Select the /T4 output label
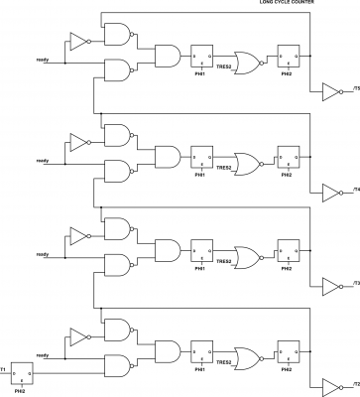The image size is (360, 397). tap(354, 189)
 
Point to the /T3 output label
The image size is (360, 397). tap(354, 285)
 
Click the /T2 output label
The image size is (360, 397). tap(354, 382)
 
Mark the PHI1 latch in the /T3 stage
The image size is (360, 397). tap(199, 253)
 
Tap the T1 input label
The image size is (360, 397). tap(4, 369)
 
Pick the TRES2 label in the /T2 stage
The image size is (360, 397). tap(224, 363)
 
